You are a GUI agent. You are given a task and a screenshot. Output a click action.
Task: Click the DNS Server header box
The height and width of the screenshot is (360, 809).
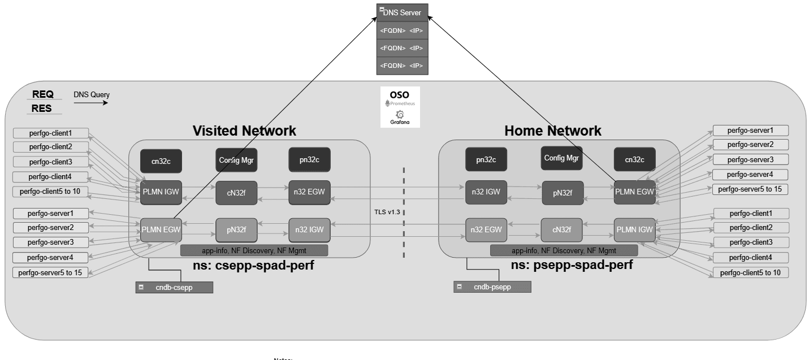coord(403,12)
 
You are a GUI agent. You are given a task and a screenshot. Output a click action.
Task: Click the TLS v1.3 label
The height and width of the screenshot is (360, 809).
coord(387,211)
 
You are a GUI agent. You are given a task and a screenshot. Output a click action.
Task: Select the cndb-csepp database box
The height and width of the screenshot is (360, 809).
coord(174,287)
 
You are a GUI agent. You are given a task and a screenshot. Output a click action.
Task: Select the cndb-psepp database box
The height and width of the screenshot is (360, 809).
coord(492,287)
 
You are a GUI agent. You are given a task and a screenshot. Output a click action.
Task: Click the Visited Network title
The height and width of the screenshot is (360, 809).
coord(244,131)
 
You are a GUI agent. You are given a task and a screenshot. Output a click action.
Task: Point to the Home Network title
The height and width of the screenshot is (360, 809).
coord(552,131)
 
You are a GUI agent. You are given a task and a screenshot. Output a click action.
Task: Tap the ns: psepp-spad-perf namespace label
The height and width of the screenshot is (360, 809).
coord(572,265)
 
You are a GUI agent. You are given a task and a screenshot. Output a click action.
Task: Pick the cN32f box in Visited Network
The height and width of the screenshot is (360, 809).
coord(236,192)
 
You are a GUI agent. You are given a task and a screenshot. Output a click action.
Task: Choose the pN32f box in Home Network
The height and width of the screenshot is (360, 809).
coord(563,192)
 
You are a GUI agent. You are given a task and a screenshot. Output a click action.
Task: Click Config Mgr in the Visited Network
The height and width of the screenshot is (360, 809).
coord(236,160)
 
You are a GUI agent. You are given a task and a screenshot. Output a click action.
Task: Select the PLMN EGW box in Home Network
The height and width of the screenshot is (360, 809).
coord(634,192)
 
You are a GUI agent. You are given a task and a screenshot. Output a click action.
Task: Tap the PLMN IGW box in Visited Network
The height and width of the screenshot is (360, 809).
coord(161,192)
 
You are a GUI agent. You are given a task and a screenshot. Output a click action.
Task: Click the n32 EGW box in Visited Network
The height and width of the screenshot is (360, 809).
coord(309,192)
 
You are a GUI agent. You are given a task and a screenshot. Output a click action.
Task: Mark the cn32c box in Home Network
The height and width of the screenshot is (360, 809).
coord(634,160)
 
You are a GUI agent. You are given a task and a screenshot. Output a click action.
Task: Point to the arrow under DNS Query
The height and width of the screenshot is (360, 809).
coord(98,103)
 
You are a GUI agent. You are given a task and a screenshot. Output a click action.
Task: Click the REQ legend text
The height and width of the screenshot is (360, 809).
coord(42,94)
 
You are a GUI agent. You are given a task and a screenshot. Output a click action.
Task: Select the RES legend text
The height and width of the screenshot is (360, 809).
coord(42,109)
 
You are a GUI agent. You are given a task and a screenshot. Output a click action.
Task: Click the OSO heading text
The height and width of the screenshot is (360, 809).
coord(400,94)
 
